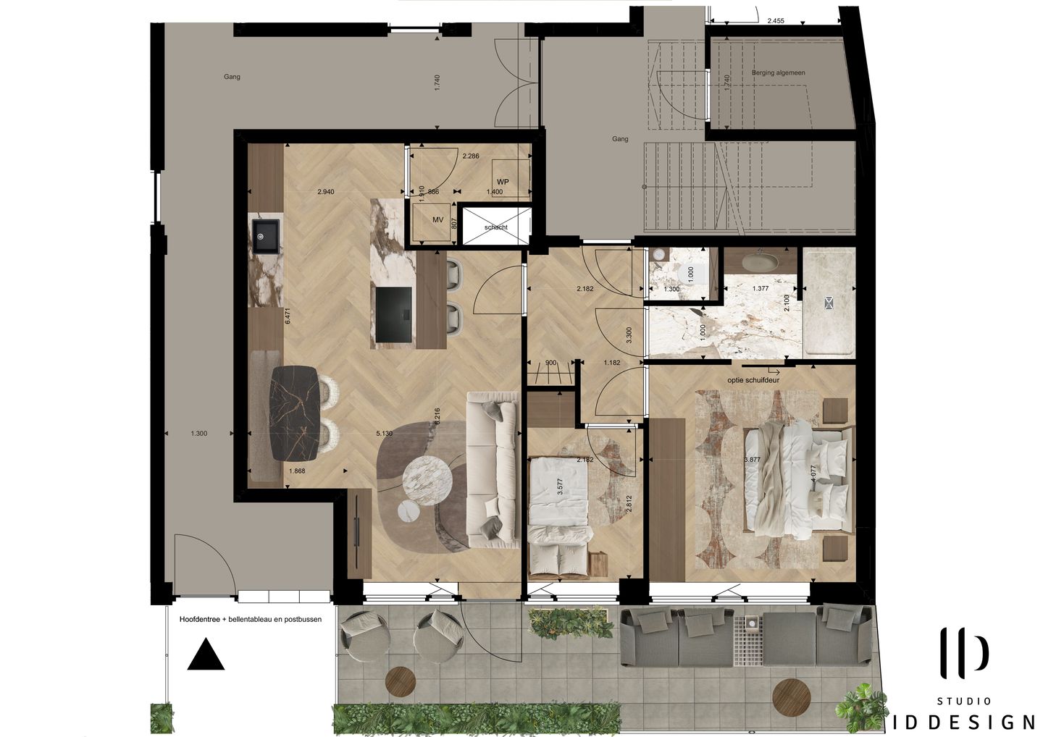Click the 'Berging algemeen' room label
[x=778, y=73]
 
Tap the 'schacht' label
[x=496, y=227]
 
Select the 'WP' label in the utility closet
[x=503, y=182]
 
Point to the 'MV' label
[x=437, y=219]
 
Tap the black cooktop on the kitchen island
[x=393, y=314]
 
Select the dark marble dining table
[x=293, y=413]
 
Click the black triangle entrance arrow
[x=206, y=654]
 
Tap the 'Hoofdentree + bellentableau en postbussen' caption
[x=250, y=620]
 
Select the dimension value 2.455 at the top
[x=776, y=21]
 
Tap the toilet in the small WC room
[x=658, y=255]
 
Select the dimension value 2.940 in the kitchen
[x=326, y=192]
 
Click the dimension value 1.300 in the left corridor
[x=198, y=434]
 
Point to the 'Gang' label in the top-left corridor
[x=232, y=77]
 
